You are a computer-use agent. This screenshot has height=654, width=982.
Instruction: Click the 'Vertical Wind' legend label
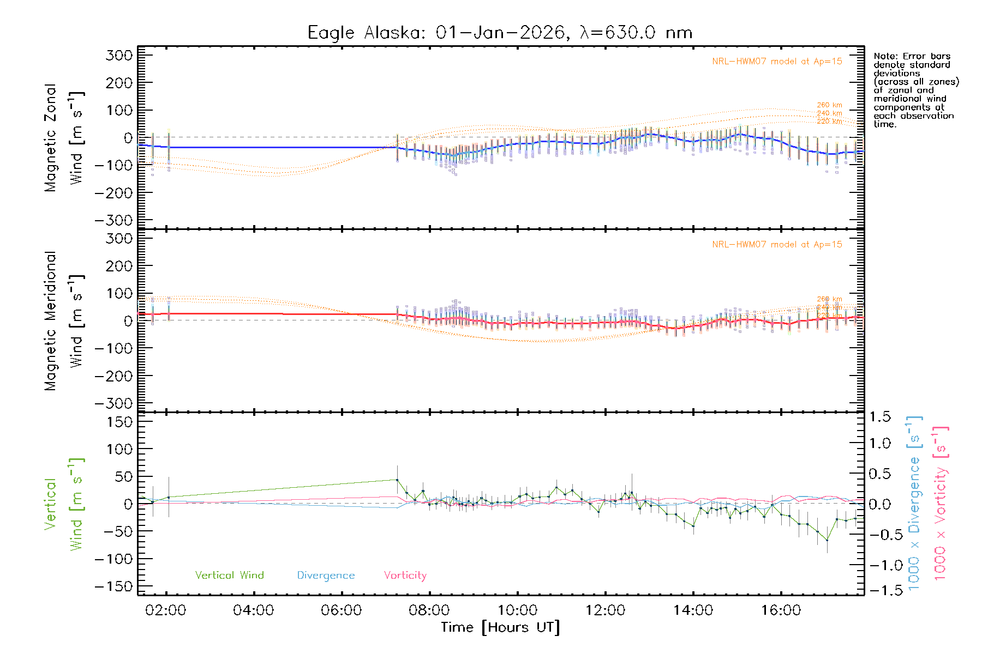(x=229, y=575)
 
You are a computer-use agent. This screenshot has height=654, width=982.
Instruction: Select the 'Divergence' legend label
(x=326, y=575)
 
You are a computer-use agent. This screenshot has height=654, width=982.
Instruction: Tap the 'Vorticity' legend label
(x=405, y=575)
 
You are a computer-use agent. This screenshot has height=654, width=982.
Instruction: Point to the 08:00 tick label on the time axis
(x=429, y=610)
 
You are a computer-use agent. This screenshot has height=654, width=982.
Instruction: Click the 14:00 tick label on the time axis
(x=693, y=610)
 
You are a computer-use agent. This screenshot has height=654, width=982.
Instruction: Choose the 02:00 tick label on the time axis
(x=166, y=610)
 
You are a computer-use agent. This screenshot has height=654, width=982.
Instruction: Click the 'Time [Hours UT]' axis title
(x=500, y=627)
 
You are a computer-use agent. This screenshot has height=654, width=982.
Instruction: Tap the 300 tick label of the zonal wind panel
(x=119, y=55)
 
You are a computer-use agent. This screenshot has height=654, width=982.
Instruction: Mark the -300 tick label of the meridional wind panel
(x=113, y=403)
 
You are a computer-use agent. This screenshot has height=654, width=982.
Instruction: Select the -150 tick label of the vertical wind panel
(x=113, y=586)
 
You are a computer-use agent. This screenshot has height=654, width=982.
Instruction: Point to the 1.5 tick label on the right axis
(x=879, y=417)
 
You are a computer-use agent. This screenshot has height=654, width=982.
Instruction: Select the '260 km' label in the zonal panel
(x=829, y=105)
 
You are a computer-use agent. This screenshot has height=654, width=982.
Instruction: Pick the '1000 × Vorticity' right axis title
(x=941, y=503)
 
